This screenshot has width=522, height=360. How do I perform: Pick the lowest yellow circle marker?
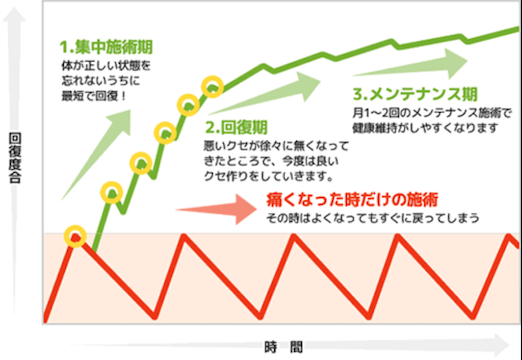tap(75, 237)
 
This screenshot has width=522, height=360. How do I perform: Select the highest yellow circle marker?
tap(212, 85)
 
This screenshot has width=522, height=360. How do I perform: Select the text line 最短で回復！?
tap(92, 102)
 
